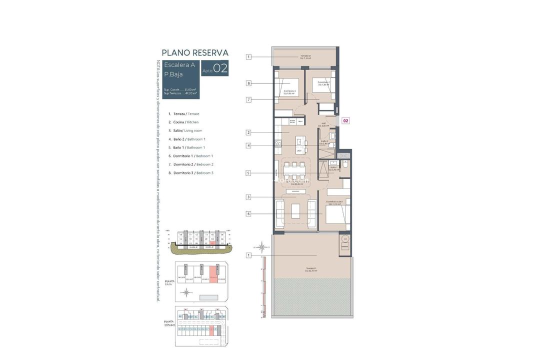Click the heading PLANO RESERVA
pos(195,52)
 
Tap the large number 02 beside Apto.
pos(220,68)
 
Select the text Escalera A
pos(179,65)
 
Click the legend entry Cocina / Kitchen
pos(183,122)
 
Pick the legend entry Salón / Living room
pos(184,130)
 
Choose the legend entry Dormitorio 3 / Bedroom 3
pos(190,172)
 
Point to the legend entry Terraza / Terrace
pos(183,114)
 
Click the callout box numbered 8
pos(248,83)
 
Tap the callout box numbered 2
pos(248,132)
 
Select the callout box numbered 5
pos(248,173)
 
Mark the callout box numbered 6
pos(248,214)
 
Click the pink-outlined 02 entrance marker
pos(345,120)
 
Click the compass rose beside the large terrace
pos(261,246)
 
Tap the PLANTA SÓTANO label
pos(168,323)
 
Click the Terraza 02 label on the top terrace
pos(305,56)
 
